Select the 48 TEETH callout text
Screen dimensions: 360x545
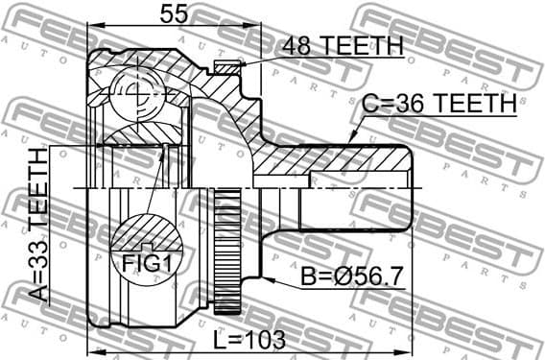(x=342, y=46)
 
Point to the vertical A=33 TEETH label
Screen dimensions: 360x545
(x=37, y=227)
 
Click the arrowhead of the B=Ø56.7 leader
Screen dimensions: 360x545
(x=271, y=280)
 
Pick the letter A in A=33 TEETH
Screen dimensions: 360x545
(x=37, y=296)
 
